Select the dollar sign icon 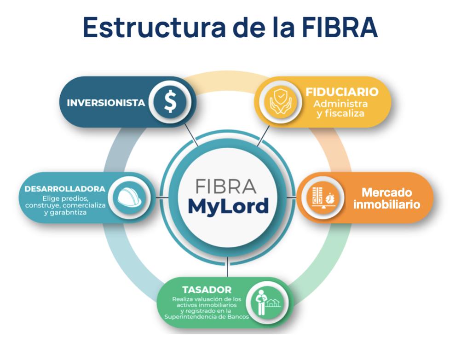(x=170, y=102)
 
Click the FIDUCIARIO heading (x=342, y=92)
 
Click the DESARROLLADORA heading (x=65, y=189)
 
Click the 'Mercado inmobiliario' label (x=386, y=198)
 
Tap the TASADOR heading (x=207, y=290)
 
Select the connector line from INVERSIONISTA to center (x=192, y=135)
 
